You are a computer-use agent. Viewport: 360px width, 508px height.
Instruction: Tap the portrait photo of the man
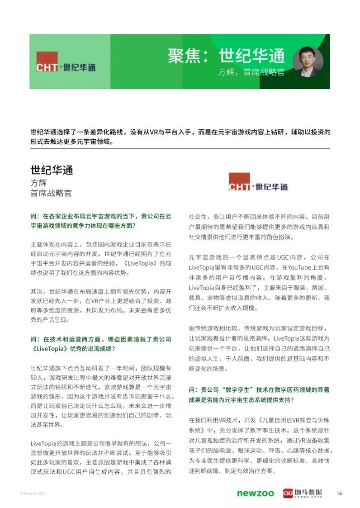point(308,62)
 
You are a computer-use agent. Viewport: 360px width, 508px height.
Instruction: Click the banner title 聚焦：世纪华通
point(227,56)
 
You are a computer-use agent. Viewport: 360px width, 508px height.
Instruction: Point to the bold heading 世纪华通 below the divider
point(52,170)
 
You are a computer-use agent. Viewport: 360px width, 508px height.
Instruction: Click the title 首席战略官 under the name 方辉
point(51,193)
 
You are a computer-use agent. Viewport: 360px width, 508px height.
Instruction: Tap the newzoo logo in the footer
point(255,493)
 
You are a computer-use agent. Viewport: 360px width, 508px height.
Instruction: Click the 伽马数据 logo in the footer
point(303,493)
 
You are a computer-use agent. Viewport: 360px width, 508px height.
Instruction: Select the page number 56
point(340,493)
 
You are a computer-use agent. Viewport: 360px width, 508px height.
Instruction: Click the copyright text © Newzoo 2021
point(33,493)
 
